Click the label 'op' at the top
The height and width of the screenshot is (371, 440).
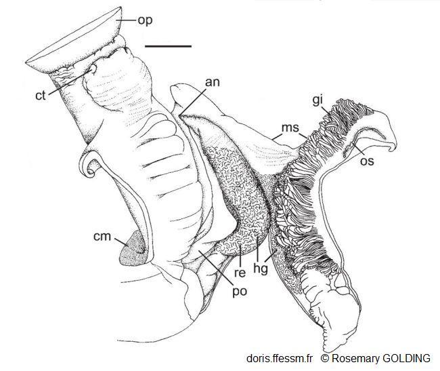pyautogui.click(x=144, y=20)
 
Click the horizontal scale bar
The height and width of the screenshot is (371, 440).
pyautogui.click(x=169, y=47)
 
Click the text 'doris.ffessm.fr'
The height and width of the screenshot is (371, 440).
pyautogui.click(x=279, y=357)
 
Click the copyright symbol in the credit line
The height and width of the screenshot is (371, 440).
pyautogui.click(x=325, y=357)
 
